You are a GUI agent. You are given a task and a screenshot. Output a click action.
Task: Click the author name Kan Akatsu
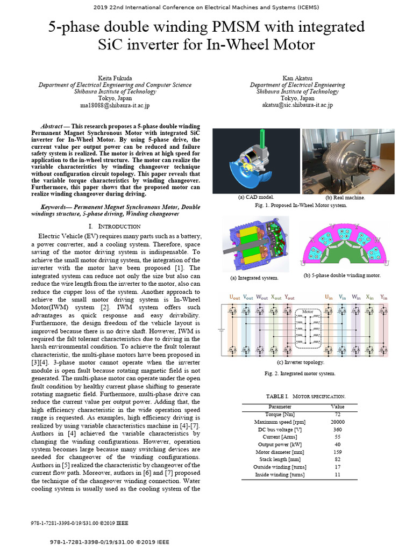297,78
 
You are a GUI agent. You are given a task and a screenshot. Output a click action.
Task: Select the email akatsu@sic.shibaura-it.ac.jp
297,105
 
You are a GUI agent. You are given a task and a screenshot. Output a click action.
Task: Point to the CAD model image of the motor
255,161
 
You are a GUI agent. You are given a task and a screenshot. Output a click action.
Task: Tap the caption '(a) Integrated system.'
254,278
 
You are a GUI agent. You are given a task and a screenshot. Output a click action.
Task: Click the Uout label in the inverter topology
235,296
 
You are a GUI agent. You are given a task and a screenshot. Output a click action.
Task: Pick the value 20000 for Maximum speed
337,422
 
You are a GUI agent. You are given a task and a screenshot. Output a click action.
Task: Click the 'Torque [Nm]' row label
280,415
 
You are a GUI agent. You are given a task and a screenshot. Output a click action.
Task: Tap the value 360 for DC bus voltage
337,430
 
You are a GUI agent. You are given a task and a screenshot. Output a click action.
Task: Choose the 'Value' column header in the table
337,407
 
